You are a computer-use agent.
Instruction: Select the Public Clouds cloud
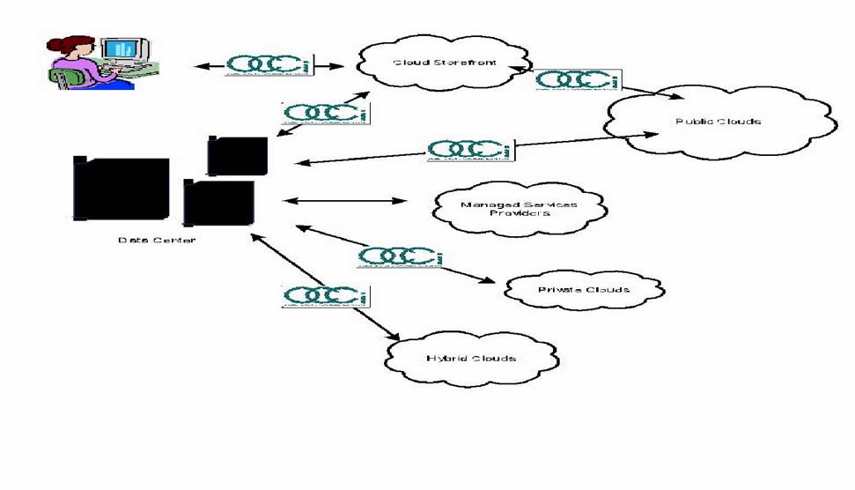pyautogui.click(x=718, y=124)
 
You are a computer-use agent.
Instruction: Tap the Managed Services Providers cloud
pyautogui.click(x=520, y=209)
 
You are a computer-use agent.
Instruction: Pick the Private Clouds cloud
pyautogui.click(x=584, y=290)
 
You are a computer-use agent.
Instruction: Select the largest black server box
pyautogui.click(x=122, y=188)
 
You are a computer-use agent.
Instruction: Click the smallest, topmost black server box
pyautogui.click(x=238, y=156)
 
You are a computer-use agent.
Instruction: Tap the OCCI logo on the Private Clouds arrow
pyautogui.click(x=399, y=256)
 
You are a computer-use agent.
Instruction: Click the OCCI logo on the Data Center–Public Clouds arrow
pyautogui.click(x=469, y=150)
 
